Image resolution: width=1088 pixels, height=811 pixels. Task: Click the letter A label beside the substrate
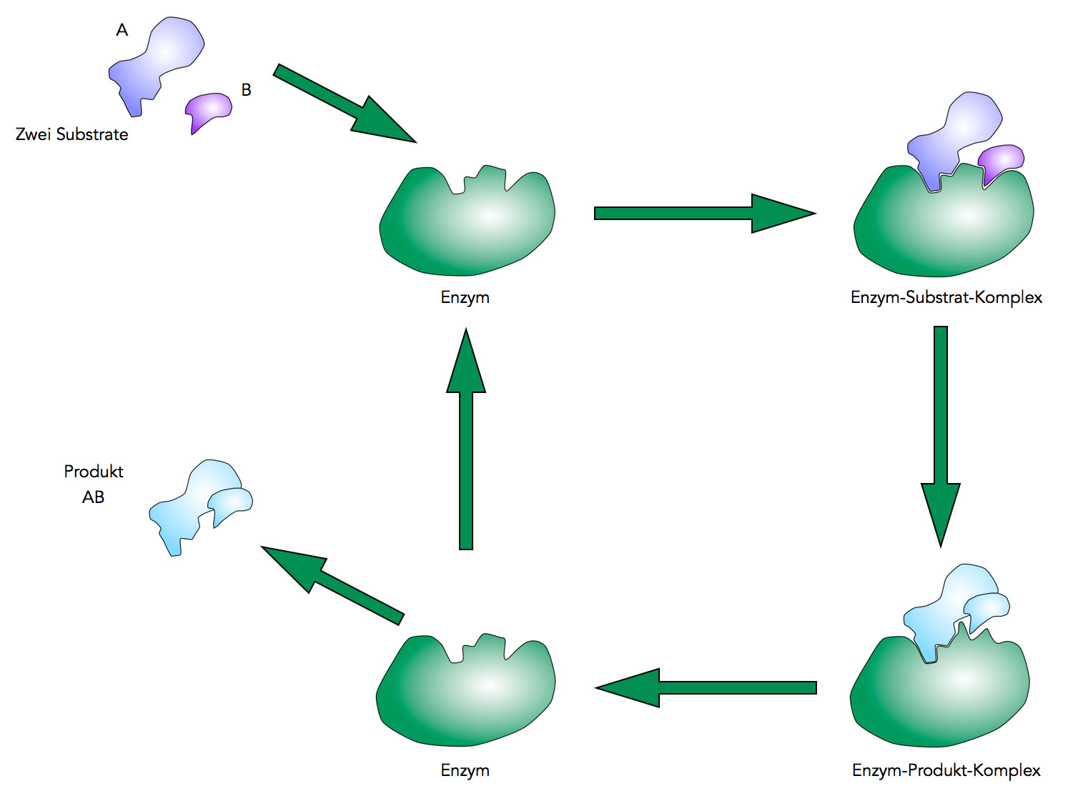coord(122,30)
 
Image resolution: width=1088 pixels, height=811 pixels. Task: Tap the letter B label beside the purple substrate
coord(246,90)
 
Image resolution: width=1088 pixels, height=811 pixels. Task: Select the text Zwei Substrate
coord(71,134)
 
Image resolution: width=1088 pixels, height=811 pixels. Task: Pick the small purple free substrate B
coord(208,108)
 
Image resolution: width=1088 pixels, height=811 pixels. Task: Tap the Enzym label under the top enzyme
coord(465,297)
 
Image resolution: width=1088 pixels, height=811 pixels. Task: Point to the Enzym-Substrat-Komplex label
coord(946,297)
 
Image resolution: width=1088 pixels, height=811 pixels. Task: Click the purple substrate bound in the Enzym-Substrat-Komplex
coord(1001,161)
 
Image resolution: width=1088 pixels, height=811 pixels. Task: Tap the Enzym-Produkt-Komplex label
coord(946,770)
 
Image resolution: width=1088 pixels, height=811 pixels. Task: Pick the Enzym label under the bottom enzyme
coord(465,770)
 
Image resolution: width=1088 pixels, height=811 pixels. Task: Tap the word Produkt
coord(94,472)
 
